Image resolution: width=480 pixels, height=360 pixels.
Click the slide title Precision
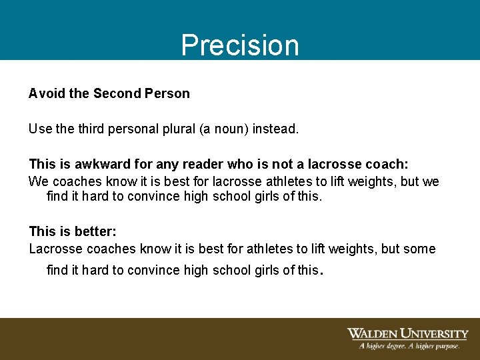[x=240, y=45]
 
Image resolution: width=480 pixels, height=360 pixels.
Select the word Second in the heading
[x=115, y=93]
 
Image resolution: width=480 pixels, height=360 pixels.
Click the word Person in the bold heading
[x=165, y=93]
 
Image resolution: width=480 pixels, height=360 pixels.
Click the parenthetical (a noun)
[x=223, y=129]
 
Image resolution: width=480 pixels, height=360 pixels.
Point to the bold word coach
[x=385, y=164]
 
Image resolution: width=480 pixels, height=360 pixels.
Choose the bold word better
[x=93, y=231]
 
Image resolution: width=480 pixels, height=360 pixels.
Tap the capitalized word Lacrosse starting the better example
[x=55, y=249]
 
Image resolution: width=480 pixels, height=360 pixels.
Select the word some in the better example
[x=420, y=249]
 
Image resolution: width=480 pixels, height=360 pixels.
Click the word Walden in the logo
[x=373, y=334]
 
